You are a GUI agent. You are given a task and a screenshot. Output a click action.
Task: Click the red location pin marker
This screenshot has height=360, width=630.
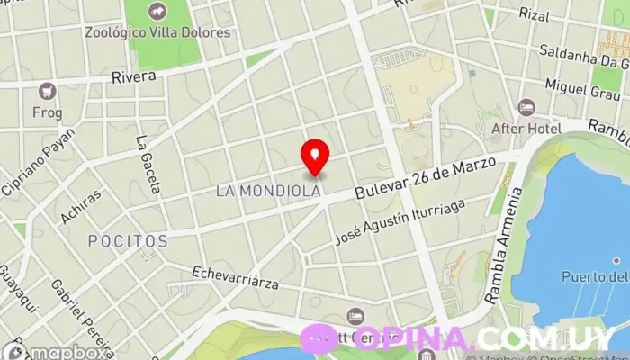(x=315, y=157)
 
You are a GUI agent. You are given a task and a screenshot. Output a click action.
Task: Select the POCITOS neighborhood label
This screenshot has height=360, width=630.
(x=128, y=241)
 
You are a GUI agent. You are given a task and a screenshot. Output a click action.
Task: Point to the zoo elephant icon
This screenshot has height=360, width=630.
(x=157, y=12)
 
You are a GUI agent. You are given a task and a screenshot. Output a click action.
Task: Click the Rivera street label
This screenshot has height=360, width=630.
(x=134, y=77)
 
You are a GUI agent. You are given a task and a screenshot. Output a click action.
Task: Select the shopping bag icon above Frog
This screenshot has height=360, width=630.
(x=47, y=91)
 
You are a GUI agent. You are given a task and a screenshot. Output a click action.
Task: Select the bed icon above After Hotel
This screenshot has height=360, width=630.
(x=527, y=108)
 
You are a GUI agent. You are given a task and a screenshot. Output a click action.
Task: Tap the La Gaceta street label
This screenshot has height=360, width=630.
(x=147, y=165)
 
